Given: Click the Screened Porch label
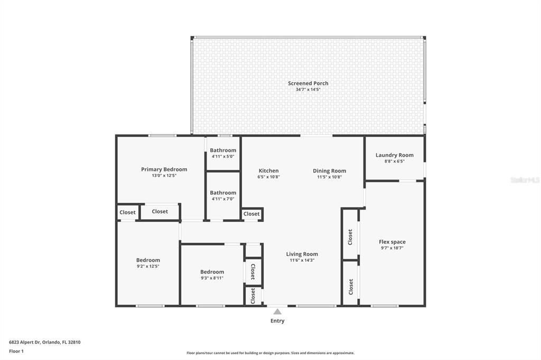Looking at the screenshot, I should coord(308,83).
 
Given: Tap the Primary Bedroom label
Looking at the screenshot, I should coord(164,169).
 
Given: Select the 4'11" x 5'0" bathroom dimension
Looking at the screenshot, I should coord(223,156).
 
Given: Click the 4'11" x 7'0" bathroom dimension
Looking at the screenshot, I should coord(223,199).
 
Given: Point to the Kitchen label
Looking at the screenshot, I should coord(268,170).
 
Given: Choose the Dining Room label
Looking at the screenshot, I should coord(329,170).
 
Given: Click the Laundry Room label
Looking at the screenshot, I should coord(395,155).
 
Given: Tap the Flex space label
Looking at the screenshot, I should coord(392,242).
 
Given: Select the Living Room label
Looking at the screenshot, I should coord(302,254).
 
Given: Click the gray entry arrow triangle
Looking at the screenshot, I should coord(277,311).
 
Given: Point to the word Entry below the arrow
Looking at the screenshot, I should coord(277,321).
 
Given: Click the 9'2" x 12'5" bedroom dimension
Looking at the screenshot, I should coord(148,267).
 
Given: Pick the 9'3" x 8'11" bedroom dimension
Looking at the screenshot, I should coord(212,278).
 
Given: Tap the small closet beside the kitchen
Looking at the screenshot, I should coord(251,214).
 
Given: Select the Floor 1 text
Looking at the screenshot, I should coord(16,351).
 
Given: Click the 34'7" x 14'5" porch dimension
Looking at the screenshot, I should coord(308,90).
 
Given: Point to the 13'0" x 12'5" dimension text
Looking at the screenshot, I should coord(164,176).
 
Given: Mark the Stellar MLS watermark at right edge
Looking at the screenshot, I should coord(525,180).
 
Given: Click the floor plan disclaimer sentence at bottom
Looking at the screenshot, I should coord(270,353).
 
